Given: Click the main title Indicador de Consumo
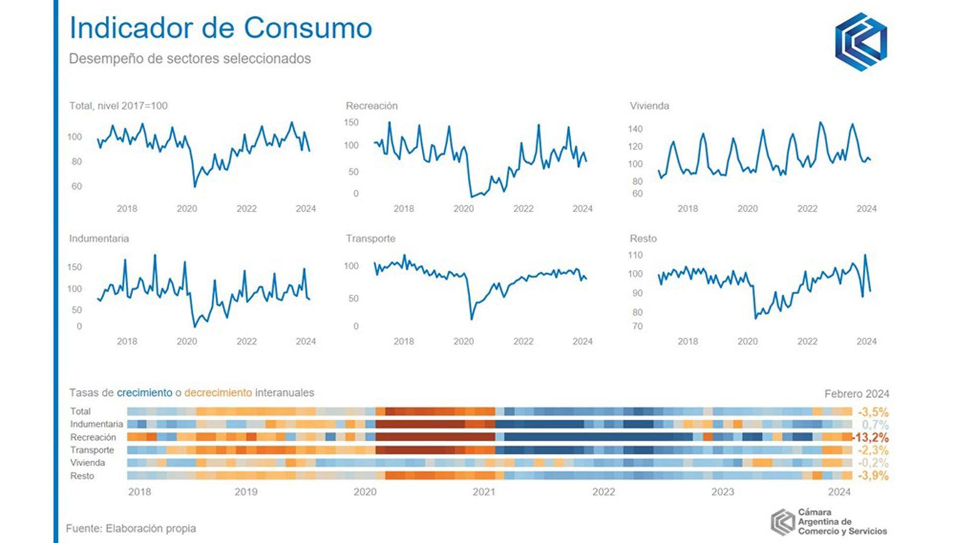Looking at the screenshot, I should coord(220,28).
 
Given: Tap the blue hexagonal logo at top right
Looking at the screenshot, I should coord(861,42).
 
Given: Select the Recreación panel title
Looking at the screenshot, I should coord(371,106).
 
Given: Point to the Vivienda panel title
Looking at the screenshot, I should coord(649,106).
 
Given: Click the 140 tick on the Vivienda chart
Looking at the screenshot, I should coord(635,129).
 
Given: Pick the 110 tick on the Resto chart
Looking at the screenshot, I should coord(635,255).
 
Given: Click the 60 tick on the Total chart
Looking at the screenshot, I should coord(76,186).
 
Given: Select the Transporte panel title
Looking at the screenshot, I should coord(370,239).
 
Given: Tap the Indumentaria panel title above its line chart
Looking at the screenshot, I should coord(99,239).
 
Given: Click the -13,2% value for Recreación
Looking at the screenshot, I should coord(871,437).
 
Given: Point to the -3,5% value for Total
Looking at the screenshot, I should coord(873,412).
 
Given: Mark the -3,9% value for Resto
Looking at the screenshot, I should coord(873,476).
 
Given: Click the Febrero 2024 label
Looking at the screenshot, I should coord(857,394).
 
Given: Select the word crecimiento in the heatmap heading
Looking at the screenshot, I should coord(144,393).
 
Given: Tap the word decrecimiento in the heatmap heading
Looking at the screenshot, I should coord(218,393).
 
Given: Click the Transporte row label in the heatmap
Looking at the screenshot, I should coord(92,450).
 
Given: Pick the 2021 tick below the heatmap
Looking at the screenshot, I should coord(484,492).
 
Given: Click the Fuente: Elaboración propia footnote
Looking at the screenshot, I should coord(131,529).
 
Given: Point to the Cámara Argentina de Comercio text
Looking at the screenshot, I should coord(842,522).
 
